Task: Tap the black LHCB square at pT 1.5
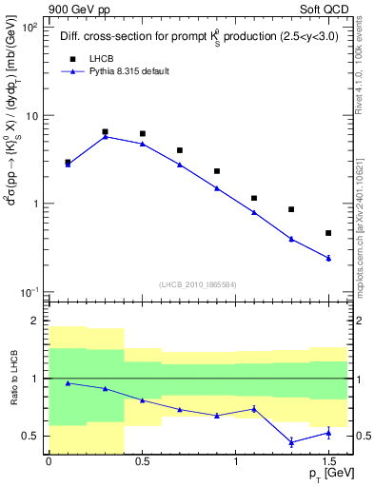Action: coord(328,233)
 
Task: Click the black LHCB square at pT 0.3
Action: coord(105,132)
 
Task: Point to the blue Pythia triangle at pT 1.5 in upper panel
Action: coord(328,258)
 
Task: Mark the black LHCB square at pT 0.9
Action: coord(217,171)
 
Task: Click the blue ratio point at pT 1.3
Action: coord(291,442)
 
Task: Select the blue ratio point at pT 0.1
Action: coord(68,383)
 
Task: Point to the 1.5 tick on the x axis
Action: coord(328,462)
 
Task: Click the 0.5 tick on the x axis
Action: coord(142,462)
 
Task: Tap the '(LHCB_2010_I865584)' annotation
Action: coord(198,284)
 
